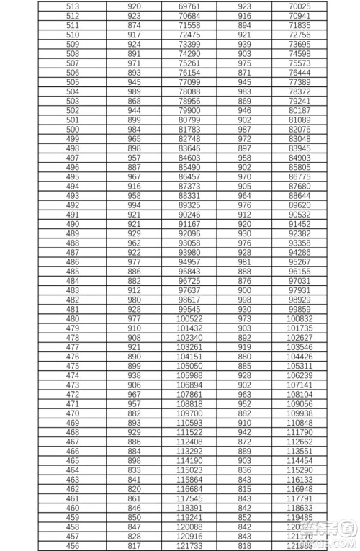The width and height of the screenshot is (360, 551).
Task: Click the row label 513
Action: click(73, 6)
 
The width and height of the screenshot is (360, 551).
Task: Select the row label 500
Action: click(73, 129)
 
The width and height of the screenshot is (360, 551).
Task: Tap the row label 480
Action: click(73, 318)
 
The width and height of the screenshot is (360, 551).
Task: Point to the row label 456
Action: click(73, 546)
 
